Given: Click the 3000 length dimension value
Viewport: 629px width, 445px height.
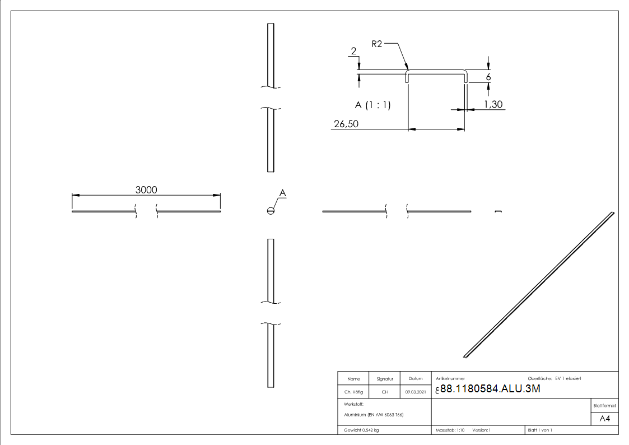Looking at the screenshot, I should (x=146, y=190).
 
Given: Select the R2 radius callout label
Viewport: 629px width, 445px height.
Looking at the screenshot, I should (x=377, y=44).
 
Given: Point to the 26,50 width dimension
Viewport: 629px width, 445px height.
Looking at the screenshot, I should (x=346, y=124).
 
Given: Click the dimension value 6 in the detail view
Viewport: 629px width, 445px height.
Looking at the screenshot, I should (x=488, y=77).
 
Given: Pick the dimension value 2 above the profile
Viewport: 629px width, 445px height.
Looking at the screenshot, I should (x=353, y=52).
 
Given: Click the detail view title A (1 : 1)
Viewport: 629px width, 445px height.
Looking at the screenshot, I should (x=373, y=105).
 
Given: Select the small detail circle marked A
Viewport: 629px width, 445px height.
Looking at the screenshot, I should (x=271, y=211).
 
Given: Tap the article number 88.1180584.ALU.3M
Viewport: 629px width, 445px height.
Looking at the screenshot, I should (x=490, y=390).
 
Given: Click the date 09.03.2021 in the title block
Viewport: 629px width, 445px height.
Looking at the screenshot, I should (x=415, y=392).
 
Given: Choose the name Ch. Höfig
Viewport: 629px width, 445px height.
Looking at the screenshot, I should (x=353, y=392).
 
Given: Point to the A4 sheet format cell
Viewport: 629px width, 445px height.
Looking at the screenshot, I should (x=604, y=418).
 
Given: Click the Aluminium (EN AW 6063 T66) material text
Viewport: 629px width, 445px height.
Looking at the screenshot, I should (x=374, y=415).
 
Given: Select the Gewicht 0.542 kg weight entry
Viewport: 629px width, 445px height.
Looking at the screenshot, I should (x=361, y=430).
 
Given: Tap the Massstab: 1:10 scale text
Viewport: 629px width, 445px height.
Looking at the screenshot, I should (x=450, y=430).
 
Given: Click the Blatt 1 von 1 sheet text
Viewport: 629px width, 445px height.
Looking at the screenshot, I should (x=540, y=430).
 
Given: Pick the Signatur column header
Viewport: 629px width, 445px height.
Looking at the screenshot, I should (x=385, y=379).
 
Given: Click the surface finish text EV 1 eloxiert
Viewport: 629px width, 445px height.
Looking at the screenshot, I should (x=568, y=379).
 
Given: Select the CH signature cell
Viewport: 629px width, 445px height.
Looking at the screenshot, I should (x=385, y=392).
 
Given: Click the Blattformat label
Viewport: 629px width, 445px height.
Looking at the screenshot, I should (x=604, y=405).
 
